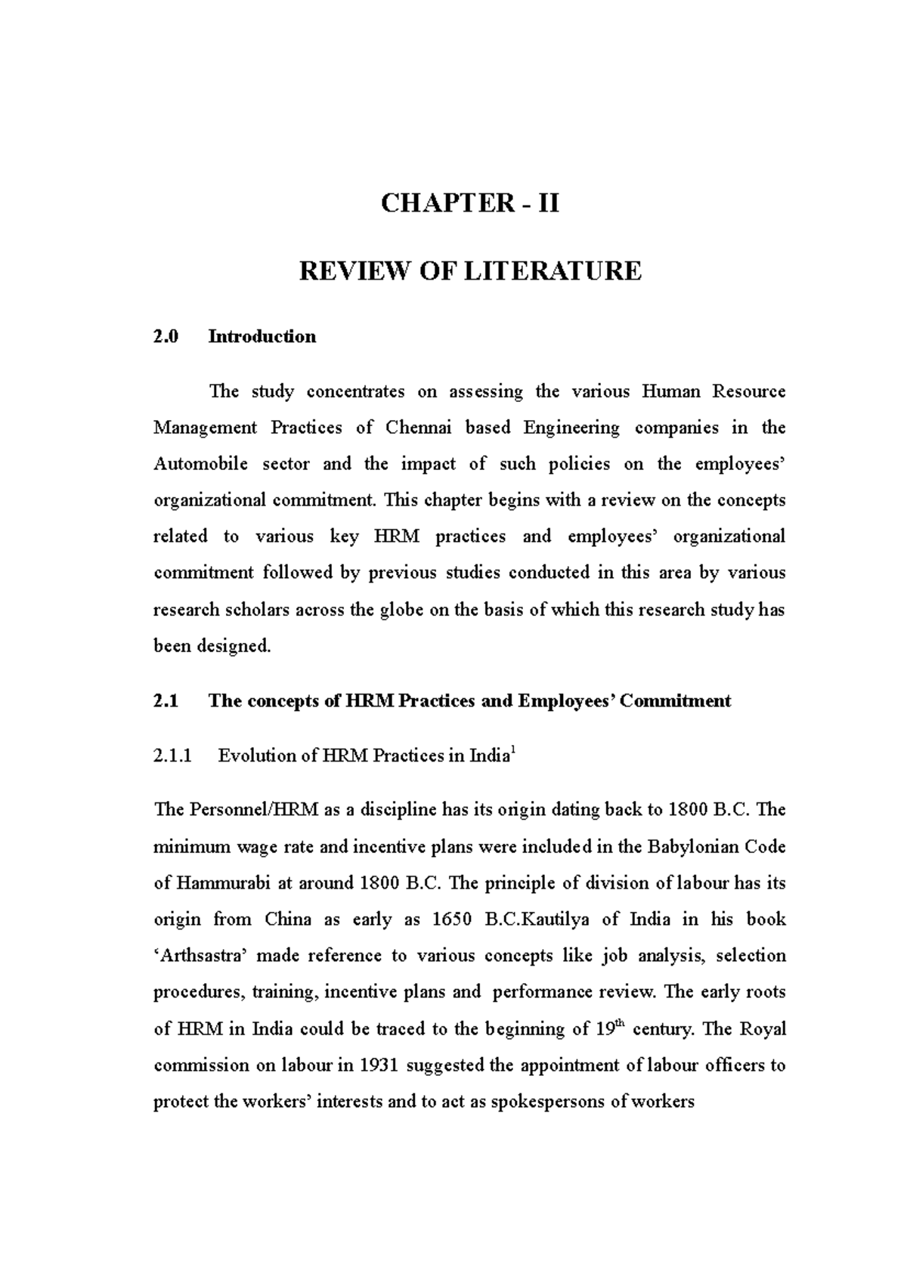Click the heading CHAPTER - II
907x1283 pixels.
[x=469, y=204]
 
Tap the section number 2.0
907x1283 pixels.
[x=166, y=337]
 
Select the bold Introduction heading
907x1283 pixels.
[x=262, y=337]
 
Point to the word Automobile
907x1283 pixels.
[x=200, y=464]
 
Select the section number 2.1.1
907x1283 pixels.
[x=173, y=756]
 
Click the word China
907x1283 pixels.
[x=288, y=920]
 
